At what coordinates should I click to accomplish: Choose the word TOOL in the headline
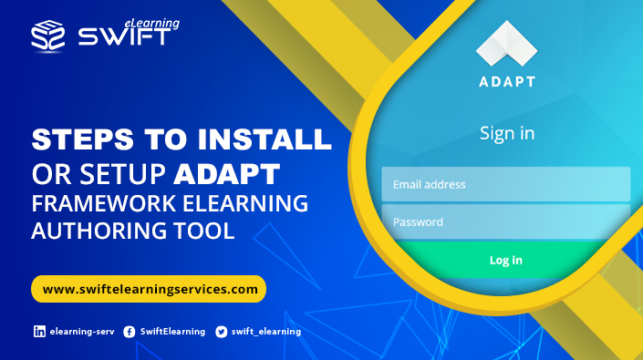205,231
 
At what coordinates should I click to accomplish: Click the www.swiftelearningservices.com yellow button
149,289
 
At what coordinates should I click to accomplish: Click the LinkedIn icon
39,332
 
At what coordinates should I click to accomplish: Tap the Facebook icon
130,332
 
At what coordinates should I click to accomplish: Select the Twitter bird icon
221,332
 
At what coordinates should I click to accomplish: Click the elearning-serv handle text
81,332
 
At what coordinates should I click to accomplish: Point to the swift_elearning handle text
265,332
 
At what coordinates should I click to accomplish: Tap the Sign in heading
507,133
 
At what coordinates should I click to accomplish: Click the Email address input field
505,184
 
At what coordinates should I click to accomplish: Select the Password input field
505,221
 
